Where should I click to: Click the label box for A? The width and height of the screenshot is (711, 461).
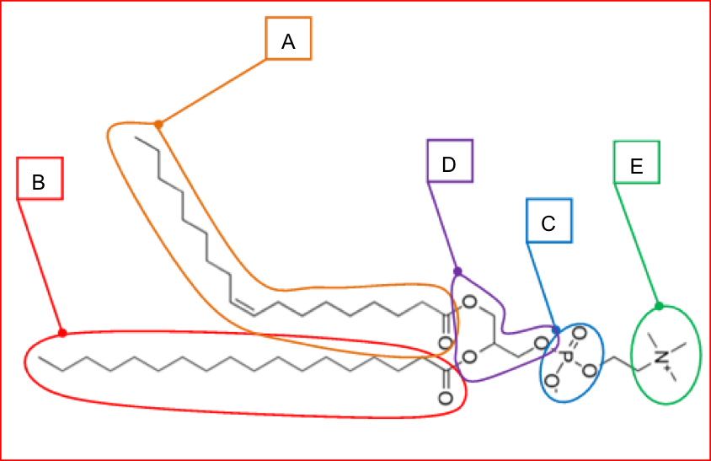(x=289, y=39)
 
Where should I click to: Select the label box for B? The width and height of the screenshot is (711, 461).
(x=40, y=179)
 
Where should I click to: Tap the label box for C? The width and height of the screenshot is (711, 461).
(x=549, y=222)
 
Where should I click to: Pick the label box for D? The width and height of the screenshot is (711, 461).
(x=450, y=161)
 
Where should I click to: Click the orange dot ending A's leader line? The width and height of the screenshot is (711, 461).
(x=158, y=125)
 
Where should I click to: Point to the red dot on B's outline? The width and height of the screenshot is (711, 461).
(x=62, y=333)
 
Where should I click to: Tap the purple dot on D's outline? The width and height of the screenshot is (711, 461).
(x=457, y=271)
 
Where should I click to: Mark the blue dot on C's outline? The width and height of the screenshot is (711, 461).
(x=556, y=330)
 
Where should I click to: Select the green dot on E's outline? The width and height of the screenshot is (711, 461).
(x=659, y=306)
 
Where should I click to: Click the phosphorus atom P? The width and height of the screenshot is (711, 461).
(x=567, y=358)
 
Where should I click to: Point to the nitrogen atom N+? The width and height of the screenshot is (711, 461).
(x=663, y=357)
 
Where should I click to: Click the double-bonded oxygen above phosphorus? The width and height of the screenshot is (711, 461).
(x=579, y=335)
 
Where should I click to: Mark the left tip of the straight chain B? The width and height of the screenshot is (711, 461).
(x=40, y=356)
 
